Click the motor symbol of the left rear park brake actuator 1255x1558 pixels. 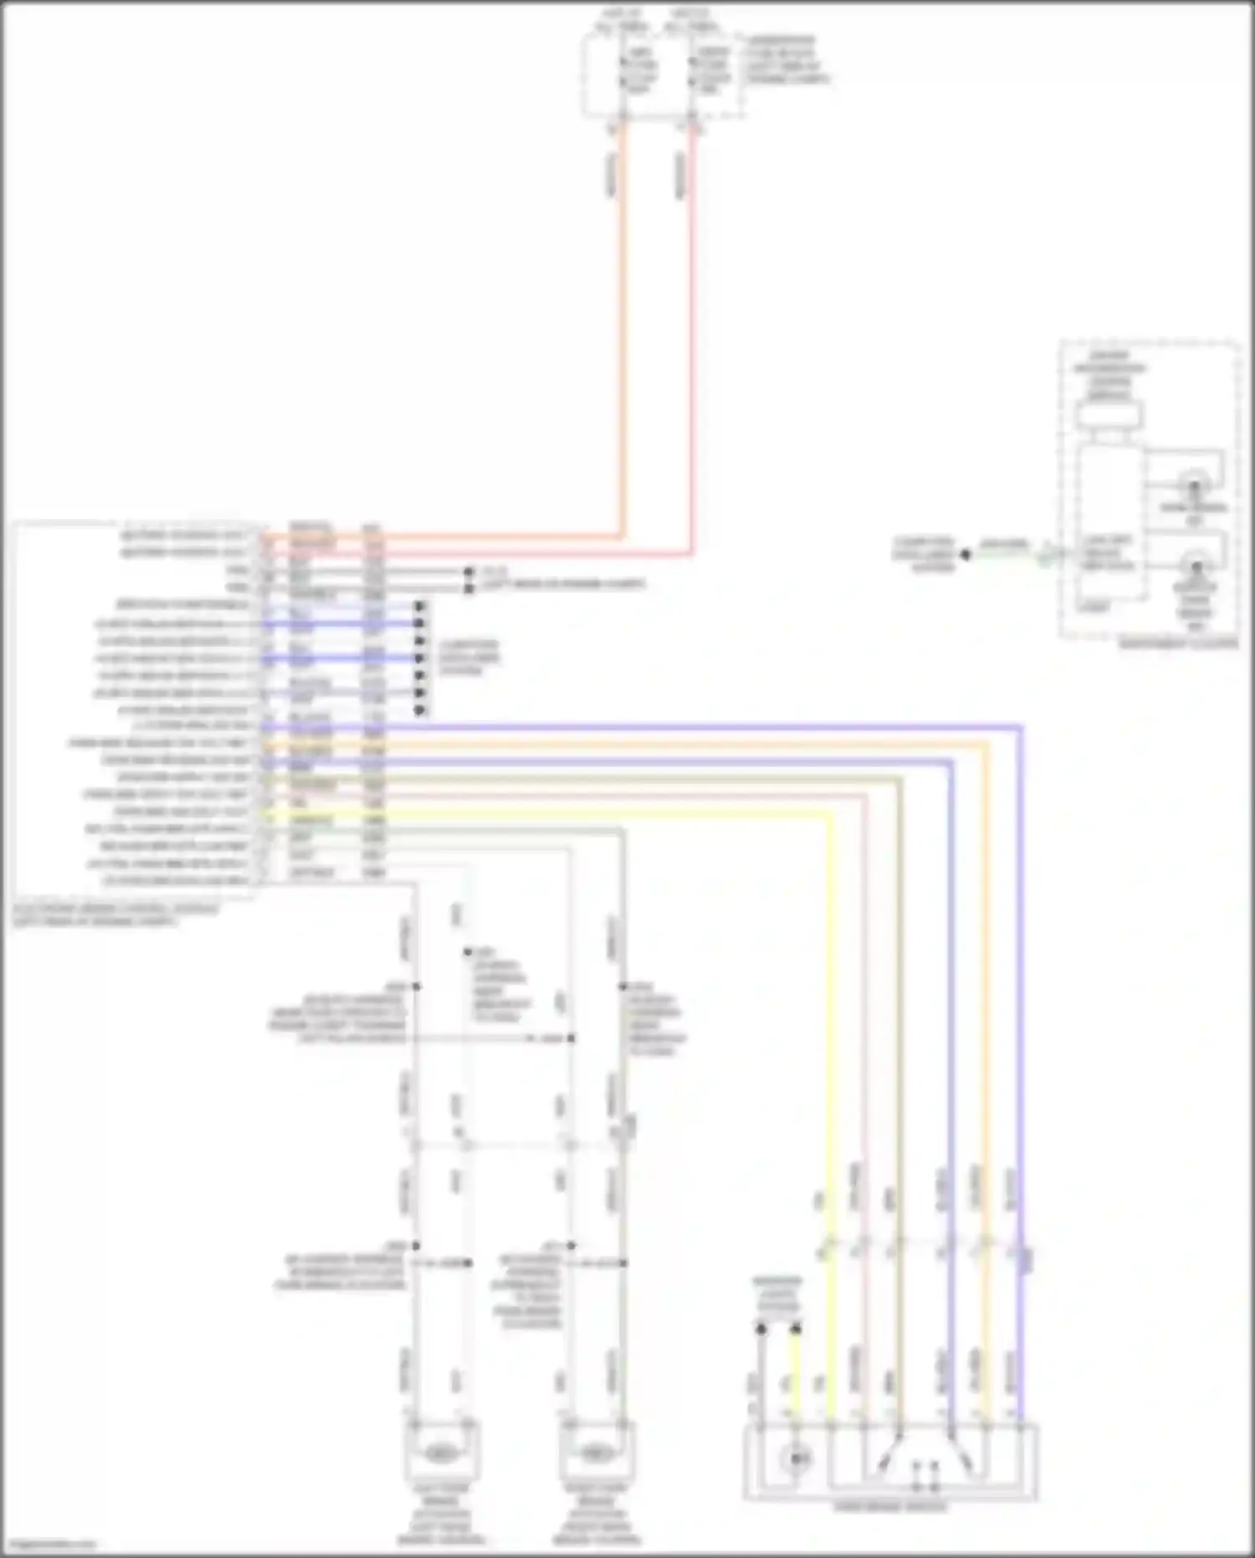point(441,1450)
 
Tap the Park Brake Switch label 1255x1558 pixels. point(890,1507)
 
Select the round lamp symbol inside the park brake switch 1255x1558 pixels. point(795,1459)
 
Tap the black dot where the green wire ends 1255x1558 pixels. point(965,554)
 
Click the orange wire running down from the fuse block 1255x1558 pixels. point(622,335)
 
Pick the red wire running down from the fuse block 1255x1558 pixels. point(693,335)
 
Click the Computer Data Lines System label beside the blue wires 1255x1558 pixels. point(468,658)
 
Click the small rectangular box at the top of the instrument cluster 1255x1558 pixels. point(1109,414)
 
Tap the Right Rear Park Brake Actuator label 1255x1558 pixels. point(596,1523)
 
